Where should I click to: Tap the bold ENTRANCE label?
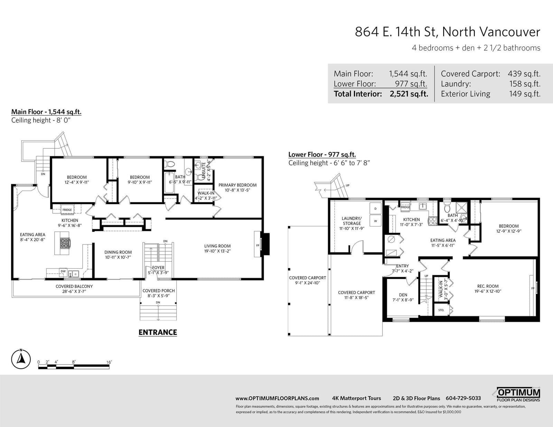[158, 332]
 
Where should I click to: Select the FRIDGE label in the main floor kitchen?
[67, 210]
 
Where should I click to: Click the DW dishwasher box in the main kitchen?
[63, 271]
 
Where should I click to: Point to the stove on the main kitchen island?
[65, 243]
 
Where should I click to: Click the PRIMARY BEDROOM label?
[237, 185]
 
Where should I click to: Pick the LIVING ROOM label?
[217, 246]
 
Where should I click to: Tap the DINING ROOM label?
[118, 252]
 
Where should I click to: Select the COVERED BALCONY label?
[74, 286]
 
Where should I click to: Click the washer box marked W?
[375, 221]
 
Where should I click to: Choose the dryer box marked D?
[375, 208]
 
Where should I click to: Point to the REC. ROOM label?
[488, 286]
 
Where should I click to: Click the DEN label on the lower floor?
[403, 295]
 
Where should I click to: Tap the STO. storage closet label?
[441, 310]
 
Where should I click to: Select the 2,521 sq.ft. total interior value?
[409, 94]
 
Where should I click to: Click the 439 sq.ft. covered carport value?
[524, 74]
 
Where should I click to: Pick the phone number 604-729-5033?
[463, 398]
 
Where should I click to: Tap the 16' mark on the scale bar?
[109, 362]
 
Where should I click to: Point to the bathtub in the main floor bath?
[169, 183]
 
